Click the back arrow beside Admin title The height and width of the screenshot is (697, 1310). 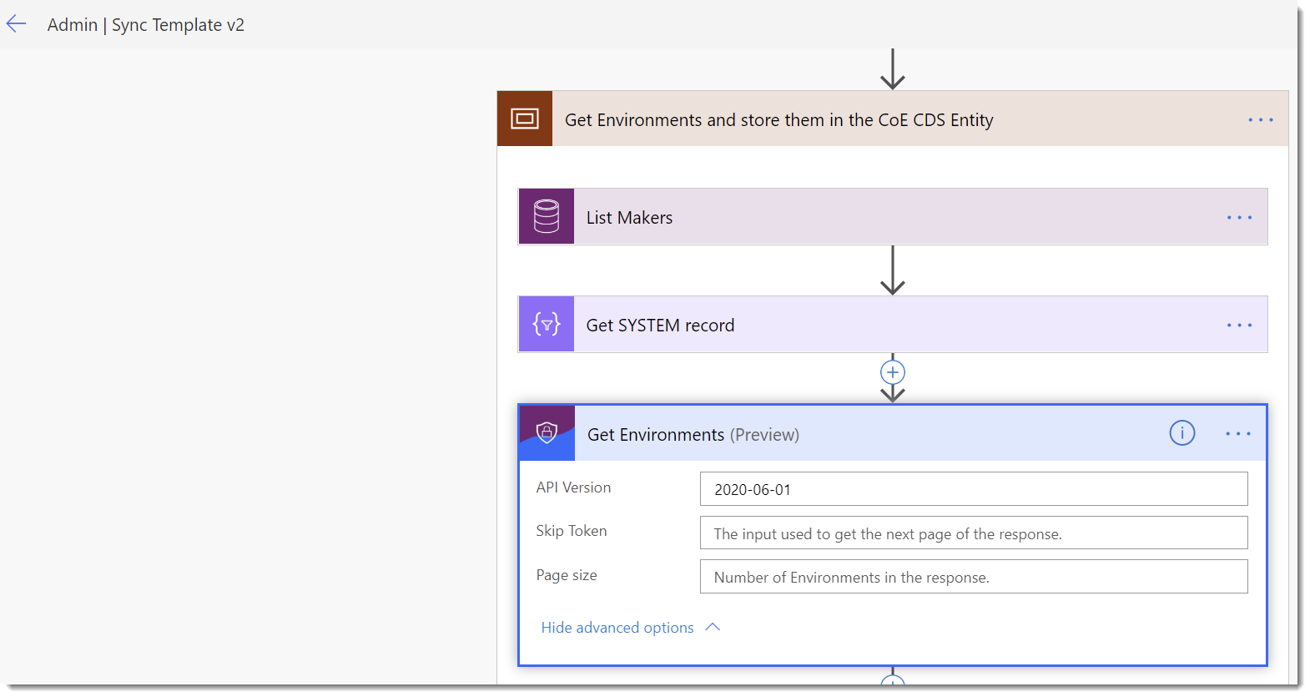pyautogui.click(x=16, y=24)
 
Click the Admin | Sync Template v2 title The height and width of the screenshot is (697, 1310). pyautogui.click(x=145, y=25)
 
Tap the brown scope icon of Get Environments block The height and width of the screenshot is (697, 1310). pyautogui.click(x=525, y=119)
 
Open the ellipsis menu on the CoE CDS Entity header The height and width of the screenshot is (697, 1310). pyautogui.click(x=1260, y=120)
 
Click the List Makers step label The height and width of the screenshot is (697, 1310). pyautogui.click(x=629, y=218)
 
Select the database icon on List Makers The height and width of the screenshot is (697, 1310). pyautogui.click(x=547, y=217)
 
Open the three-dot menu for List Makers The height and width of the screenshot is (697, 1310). pyautogui.click(x=1239, y=218)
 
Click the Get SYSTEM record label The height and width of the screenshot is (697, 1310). pyautogui.click(x=660, y=326)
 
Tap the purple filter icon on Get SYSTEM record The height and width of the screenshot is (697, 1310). pyautogui.click(x=547, y=325)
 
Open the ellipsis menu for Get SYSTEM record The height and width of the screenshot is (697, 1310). pyautogui.click(x=1239, y=326)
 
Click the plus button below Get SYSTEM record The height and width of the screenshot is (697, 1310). pyautogui.click(x=893, y=372)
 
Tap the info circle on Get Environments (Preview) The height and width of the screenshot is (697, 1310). pyautogui.click(x=1182, y=433)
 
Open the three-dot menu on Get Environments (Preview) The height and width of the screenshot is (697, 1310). pyautogui.click(x=1238, y=434)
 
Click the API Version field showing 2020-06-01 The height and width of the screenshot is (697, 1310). pyautogui.click(x=973, y=489)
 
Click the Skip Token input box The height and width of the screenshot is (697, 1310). pyautogui.click(x=973, y=533)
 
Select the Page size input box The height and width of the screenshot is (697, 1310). pyautogui.click(x=973, y=577)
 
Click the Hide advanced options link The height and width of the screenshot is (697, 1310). pyautogui.click(x=617, y=628)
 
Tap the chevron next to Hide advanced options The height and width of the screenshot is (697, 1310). pyautogui.click(x=713, y=627)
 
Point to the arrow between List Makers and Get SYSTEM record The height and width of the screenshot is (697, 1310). pyautogui.click(x=893, y=270)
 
